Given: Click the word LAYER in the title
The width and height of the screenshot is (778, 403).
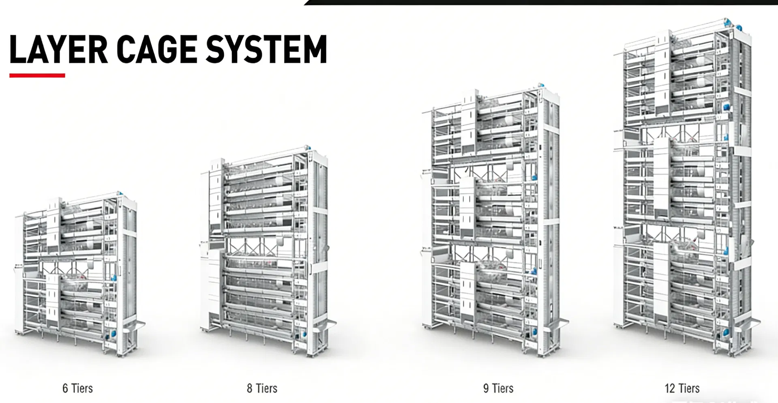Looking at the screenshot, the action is (58, 49).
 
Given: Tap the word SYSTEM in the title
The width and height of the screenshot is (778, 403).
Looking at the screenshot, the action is (266, 49).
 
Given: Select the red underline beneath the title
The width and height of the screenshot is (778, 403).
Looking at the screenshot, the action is (37, 75).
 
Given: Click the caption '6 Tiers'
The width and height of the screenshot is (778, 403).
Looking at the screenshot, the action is (77, 388).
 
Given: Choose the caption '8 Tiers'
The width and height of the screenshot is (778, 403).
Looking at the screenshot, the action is (262, 388).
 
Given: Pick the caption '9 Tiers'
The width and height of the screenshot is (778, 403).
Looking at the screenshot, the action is (498, 388).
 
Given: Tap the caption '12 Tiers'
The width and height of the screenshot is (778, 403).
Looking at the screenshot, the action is (682, 388).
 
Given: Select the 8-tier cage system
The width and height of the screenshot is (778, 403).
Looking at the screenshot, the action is (268, 251).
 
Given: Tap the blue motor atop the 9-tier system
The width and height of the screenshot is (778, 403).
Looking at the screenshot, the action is (541, 86).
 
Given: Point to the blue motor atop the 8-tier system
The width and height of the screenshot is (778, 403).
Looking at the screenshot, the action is (308, 148).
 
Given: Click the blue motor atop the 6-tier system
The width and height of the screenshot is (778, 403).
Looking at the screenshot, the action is (119, 194).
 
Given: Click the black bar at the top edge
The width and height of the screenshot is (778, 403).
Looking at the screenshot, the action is (541, 2).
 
